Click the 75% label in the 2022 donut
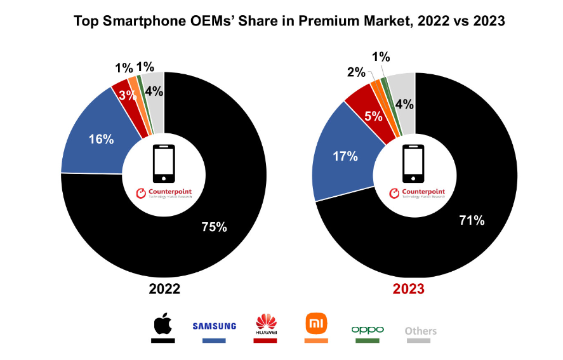[213, 227]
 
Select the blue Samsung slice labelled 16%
[101, 139]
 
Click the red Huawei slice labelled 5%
[373, 117]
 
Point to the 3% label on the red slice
[128, 96]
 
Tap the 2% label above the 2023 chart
[355, 72]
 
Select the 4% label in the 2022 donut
[154, 91]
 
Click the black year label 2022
[164, 289]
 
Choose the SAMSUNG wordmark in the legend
[214, 326]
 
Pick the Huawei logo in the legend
[265, 324]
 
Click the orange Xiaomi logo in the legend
[316, 324]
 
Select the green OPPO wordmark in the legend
[368, 330]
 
